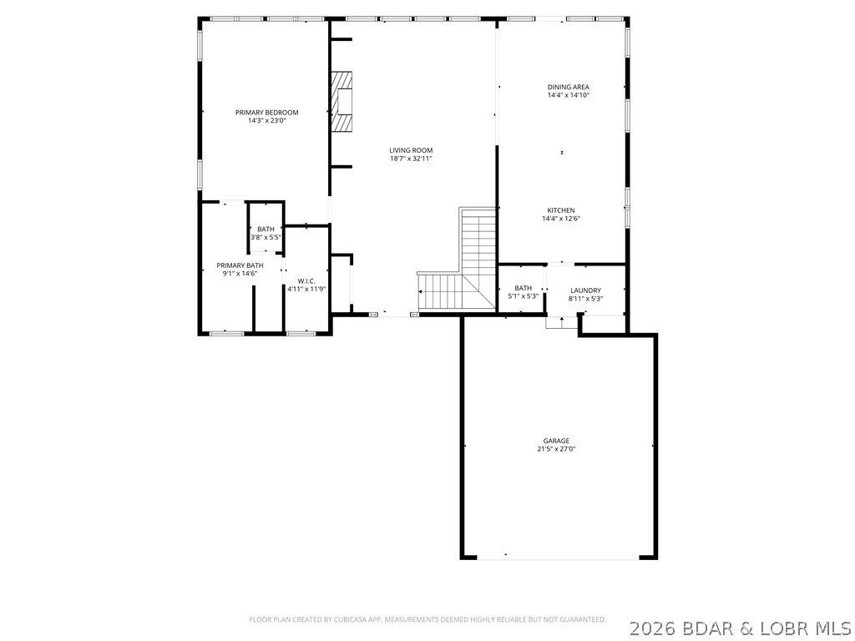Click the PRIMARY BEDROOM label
click(x=266, y=113)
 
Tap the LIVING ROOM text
click(x=411, y=150)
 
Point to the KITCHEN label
click(x=560, y=210)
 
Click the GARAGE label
click(x=556, y=441)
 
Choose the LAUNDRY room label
click(x=585, y=290)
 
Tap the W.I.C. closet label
click(x=306, y=281)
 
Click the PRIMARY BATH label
click(x=240, y=265)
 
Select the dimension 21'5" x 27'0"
click(x=556, y=449)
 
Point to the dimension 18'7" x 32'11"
click(x=411, y=159)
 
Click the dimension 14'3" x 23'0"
click(x=266, y=121)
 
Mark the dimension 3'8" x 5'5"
click(x=266, y=238)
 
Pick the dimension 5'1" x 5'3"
click(x=523, y=296)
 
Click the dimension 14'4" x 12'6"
click(x=560, y=219)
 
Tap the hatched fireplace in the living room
click(x=341, y=103)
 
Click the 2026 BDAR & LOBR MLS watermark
click(x=741, y=626)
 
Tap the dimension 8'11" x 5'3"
click(x=585, y=299)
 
